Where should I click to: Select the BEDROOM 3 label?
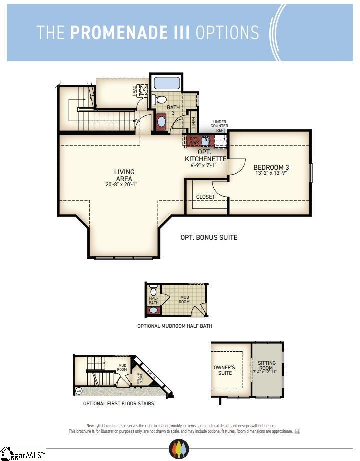(271, 168)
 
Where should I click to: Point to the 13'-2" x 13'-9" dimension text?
(271, 174)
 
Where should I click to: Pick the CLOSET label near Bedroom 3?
(205, 197)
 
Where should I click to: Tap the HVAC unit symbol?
(144, 90)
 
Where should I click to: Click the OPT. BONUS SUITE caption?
(209, 237)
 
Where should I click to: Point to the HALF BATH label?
(154, 301)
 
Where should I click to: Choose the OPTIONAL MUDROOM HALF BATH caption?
(175, 326)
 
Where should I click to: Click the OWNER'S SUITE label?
(225, 370)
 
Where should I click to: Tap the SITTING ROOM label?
(266, 365)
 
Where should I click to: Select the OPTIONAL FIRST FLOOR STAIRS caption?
(118, 403)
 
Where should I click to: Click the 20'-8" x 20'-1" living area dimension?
(121, 184)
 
